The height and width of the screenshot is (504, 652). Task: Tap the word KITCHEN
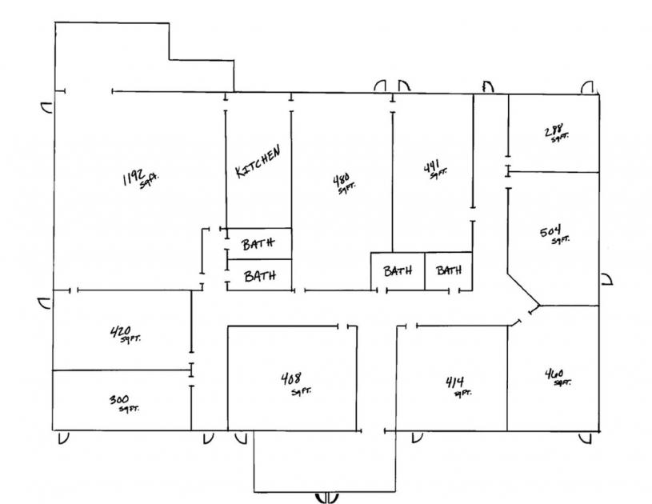point(258,162)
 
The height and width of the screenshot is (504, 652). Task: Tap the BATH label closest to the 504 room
point(449,270)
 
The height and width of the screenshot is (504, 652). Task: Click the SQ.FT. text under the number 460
point(562,382)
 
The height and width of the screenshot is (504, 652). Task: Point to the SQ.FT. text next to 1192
point(149,182)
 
